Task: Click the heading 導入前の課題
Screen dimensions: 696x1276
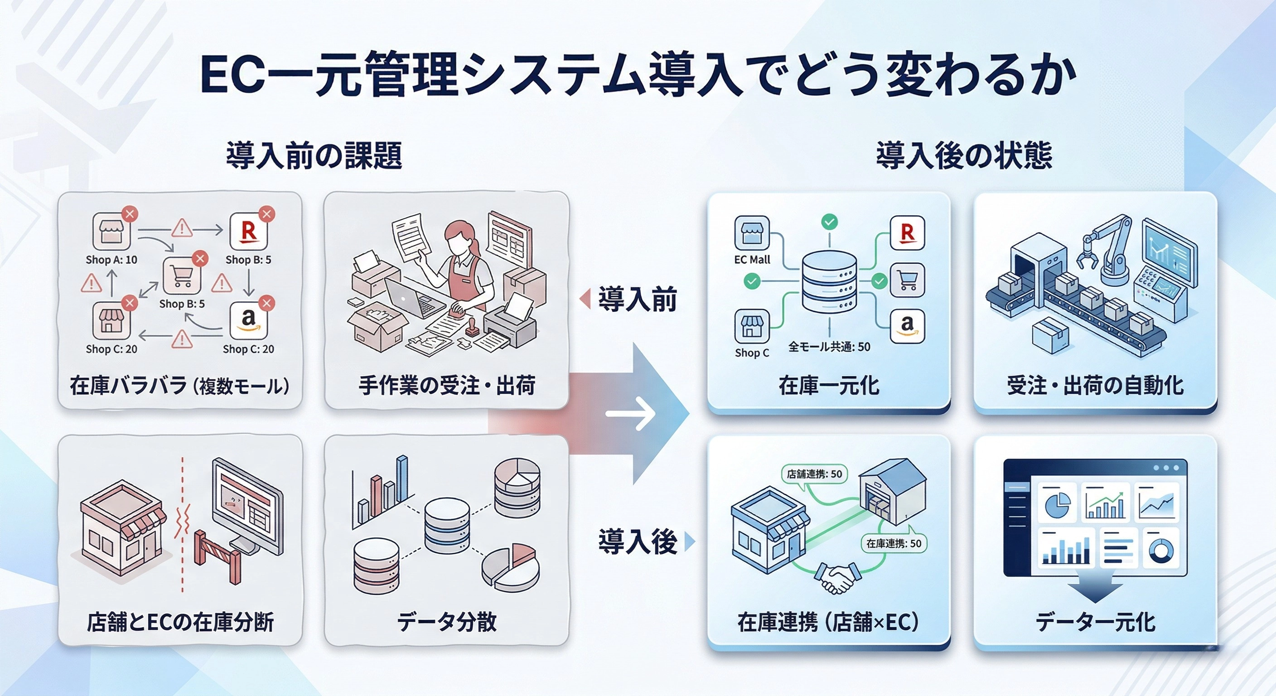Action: coord(314,155)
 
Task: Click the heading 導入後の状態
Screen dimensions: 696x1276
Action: coord(964,155)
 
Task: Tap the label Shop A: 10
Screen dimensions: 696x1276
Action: coord(111,260)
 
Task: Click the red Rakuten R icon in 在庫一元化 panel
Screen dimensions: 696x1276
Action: coord(907,233)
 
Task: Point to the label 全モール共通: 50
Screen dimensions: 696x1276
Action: coord(829,347)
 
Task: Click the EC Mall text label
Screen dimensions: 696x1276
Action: coord(752,260)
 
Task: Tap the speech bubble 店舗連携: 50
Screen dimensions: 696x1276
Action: coord(814,474)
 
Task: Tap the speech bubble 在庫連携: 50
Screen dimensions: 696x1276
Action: coord(894,543)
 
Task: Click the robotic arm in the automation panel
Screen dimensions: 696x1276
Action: coord(1107,248)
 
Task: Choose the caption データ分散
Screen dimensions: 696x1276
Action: coord(446,622)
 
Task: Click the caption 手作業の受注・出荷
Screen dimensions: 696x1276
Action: coord(446,386)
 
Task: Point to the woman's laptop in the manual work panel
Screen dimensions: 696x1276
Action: coord(411,298)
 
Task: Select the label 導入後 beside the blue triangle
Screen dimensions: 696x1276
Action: coord(637,541)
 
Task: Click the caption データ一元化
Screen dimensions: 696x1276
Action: coord(1095,622)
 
